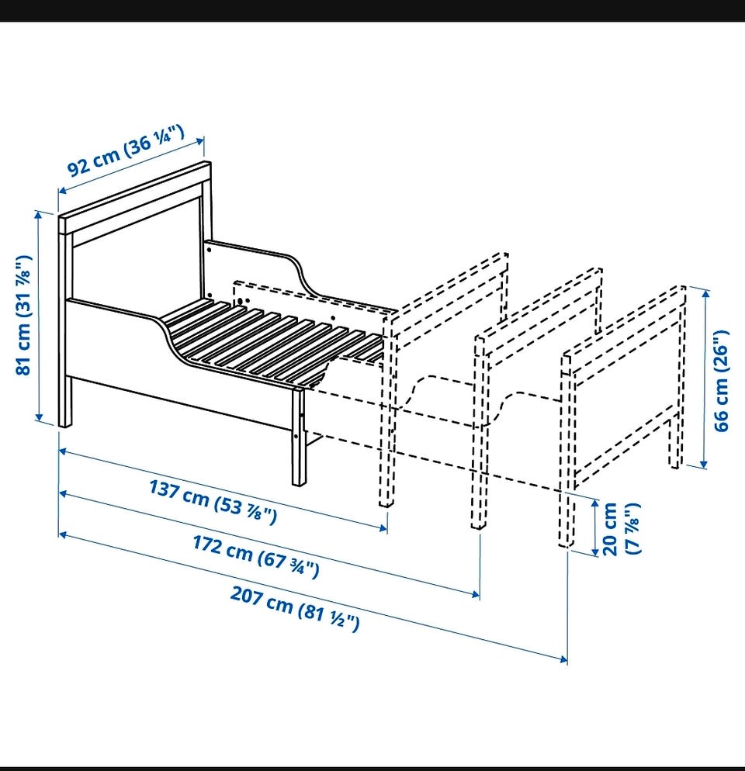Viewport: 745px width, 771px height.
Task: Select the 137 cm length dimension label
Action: tap(213, 502)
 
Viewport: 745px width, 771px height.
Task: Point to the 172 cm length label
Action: tap(256, 556)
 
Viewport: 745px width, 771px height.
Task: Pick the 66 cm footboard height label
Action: tap(721, 381)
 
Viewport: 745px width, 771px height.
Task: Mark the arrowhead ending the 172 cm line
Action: tap(476, 594)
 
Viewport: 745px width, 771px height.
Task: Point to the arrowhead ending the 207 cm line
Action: tap(563, 659)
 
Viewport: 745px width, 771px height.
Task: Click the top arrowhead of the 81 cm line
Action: tap(38, 214)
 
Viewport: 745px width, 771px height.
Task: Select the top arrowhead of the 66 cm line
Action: tap(705, 295)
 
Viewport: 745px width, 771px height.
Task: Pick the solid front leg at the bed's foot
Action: tap(298, 436)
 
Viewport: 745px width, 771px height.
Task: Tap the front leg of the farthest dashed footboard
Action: tap(567, 449)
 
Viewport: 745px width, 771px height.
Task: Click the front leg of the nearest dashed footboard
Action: tap(387, 410)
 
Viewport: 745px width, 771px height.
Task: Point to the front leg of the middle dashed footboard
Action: tap(479, 431)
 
